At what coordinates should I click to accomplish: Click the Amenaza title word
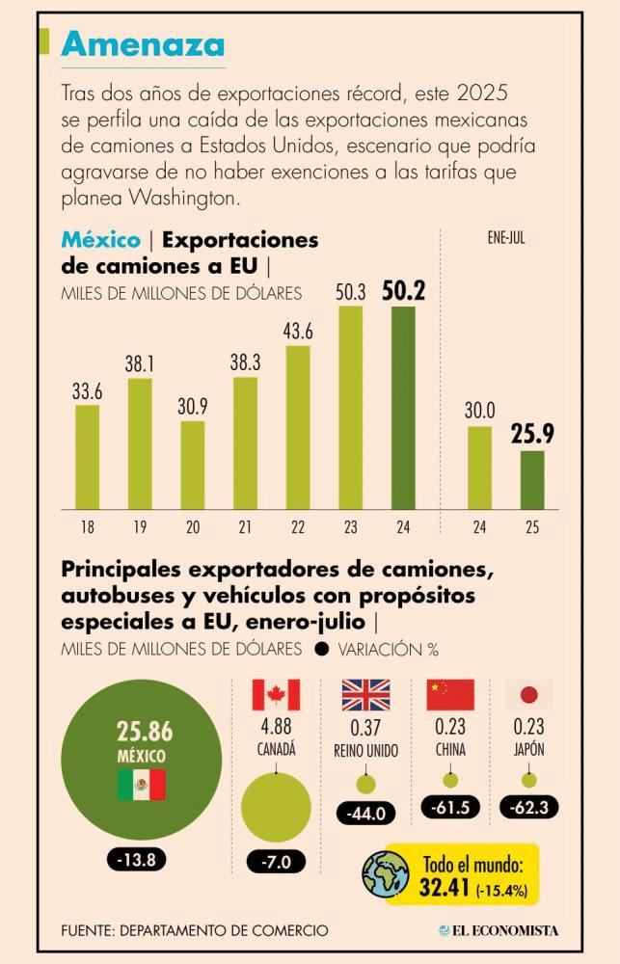coord(144,43)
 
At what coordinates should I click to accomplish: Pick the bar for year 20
coord(193,464)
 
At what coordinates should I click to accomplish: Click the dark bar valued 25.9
coord(532,479)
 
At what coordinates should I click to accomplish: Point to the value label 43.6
coord(298,330)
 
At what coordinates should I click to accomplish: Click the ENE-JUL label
coord(505,236)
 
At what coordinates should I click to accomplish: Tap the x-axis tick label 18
coord(88,527)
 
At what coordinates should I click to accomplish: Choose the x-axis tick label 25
coord(532,527)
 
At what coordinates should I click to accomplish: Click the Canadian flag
coord(276,695)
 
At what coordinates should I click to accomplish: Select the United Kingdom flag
coord(365,695)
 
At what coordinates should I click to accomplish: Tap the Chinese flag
coord(450,695)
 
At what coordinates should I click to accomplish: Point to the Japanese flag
coord(528,695)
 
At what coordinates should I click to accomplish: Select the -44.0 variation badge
coord(365,814)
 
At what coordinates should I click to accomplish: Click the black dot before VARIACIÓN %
coord(320,650)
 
